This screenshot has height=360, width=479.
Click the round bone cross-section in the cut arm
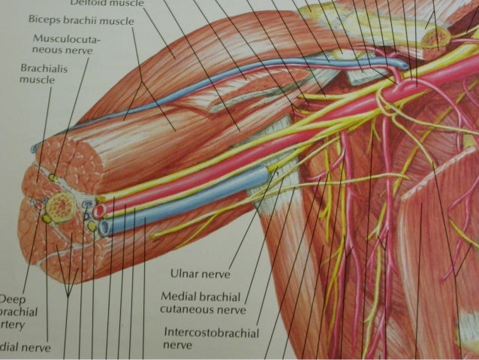pyautogui.click(x=60, y=203)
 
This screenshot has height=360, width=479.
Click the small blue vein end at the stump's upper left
pyautogui.click(x=35, y=150)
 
